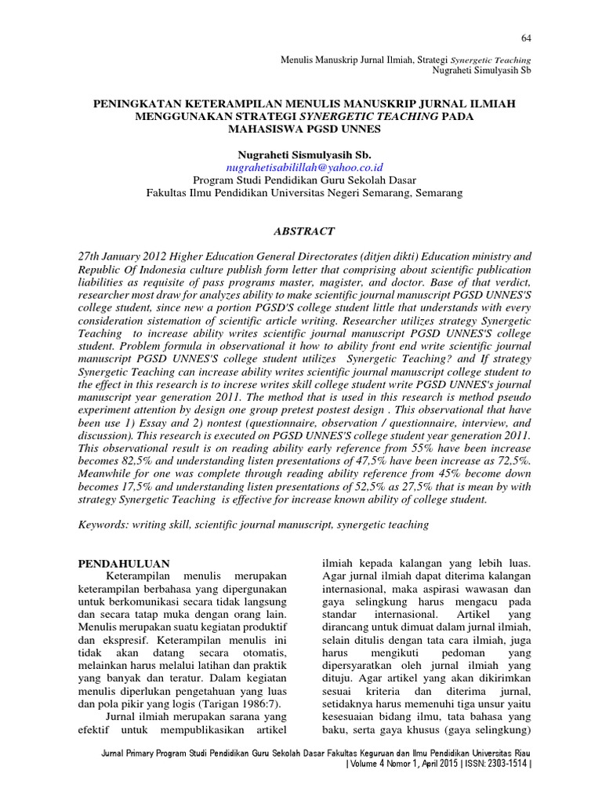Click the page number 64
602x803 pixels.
(x=526, y=39)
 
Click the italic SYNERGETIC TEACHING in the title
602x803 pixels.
(x=361, y=116)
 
